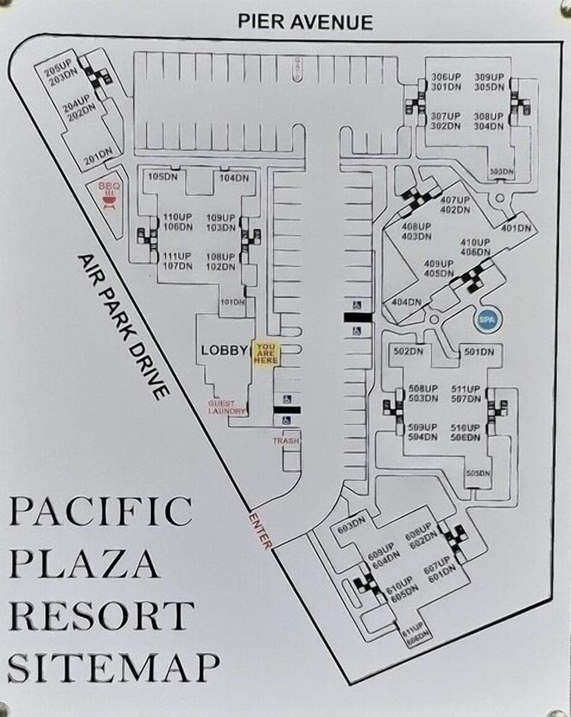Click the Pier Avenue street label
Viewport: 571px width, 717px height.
pos(305,21)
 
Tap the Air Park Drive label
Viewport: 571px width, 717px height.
pos(124,326)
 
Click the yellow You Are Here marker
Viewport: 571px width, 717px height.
pos(266,353)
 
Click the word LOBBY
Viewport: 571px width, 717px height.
pos(224,350)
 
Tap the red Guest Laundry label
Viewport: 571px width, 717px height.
pos(226,407)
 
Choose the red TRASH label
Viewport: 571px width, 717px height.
pos(285,441)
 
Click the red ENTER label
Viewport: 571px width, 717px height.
pos(260,530)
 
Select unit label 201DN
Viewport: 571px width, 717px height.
pos(98,156)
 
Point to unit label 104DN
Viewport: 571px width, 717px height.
pos(234,178)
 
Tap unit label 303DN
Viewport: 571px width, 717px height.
pos(501,172)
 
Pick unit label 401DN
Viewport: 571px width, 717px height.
pos(516,228)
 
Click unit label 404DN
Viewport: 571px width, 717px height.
pos(407,302)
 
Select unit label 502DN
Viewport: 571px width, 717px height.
pos(408,351)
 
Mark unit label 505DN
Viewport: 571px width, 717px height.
pos(478,474)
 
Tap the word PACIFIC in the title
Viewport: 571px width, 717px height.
pos(99,511)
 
